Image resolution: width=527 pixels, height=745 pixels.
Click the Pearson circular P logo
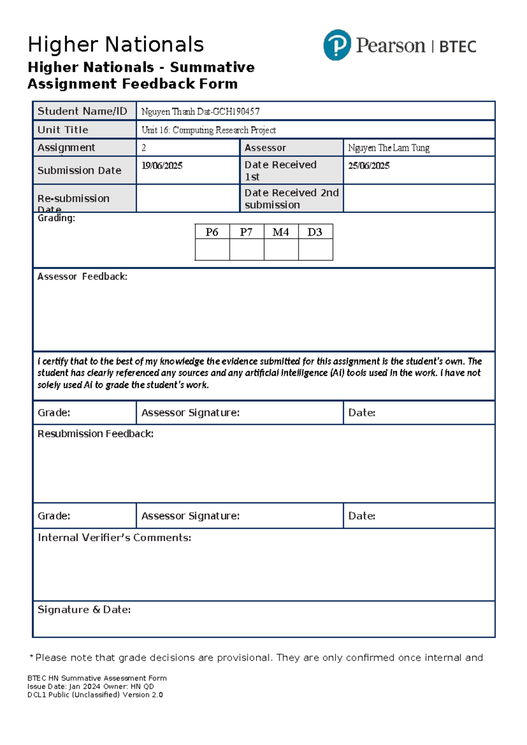pos(337,45)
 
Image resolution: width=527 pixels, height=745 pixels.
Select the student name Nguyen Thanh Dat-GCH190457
pos(200,112)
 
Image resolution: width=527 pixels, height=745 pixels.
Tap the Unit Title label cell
pos(63,130)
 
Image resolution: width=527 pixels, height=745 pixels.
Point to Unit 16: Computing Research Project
pos(209,130)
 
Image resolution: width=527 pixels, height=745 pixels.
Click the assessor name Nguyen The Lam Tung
pos(389,148)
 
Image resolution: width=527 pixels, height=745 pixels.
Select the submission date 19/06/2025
pos(162,166)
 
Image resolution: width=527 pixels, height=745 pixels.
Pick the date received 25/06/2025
pos(369,166)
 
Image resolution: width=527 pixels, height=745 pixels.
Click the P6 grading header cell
pos(212,232)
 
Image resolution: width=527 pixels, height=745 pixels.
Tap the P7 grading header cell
pos(246,232)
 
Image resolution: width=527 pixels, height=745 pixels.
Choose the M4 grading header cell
pos(281,232)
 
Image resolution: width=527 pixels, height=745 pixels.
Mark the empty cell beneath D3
pos(315,250)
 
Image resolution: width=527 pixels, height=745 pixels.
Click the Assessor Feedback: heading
pos(82,277)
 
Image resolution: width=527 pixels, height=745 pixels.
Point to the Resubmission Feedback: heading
pos(95,434)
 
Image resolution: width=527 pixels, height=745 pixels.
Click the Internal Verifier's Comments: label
pos(114,538)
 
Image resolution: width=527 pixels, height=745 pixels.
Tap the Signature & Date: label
pos(84,610)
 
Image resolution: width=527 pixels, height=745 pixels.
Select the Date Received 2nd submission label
pos(291,199)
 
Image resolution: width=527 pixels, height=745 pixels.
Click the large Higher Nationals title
pos(116,45)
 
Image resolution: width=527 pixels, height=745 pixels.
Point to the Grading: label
pos(56,218)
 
